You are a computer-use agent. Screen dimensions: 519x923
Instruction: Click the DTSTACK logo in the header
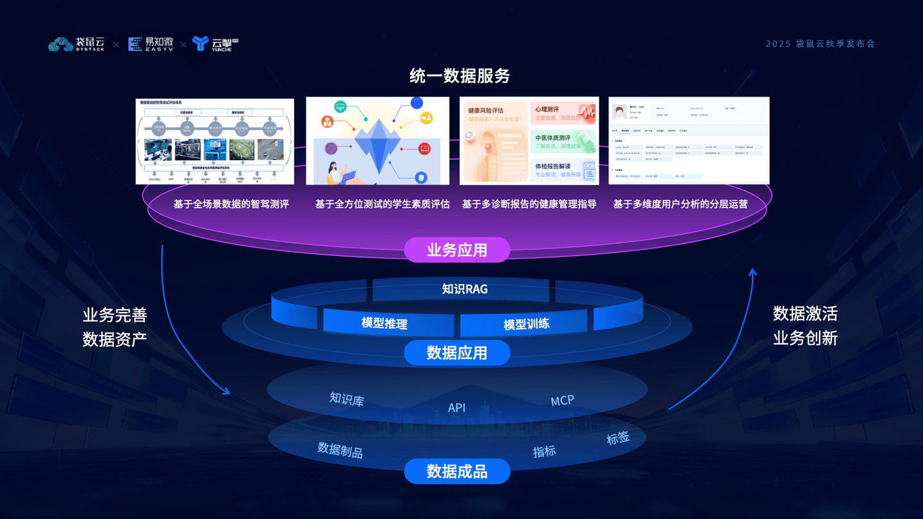[x=76, y=44]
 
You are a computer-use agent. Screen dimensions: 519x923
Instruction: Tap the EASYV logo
[x=151, y=44]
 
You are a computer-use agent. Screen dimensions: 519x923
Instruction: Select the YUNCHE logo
[x=215, y=44]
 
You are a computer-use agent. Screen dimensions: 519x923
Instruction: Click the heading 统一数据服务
[x=460, y=76]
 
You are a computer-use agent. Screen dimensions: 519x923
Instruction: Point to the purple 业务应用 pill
[x=457, y=250]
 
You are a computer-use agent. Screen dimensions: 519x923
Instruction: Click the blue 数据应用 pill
[x=457, y=352]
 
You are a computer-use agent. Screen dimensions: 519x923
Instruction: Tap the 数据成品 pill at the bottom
[x=457, y=472]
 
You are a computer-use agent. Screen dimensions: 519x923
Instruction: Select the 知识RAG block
[x=465, y=289]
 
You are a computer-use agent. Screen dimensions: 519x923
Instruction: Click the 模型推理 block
[x=385, y=323]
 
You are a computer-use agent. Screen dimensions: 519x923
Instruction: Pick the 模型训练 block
[x=526, y=324]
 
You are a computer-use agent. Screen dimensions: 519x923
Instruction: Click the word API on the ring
[x=456, y=408]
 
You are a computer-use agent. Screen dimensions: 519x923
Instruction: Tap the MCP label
[x=562, y=401]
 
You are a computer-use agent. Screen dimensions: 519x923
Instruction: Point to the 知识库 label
[x=347, y=400]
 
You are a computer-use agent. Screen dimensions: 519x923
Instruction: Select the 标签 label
[x=618, y=439]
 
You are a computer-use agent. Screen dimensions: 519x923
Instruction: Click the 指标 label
[x=544, y=451]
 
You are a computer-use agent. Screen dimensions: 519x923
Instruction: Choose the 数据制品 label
[x=340, y=450]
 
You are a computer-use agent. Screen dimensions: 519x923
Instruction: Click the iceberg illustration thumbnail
[x=378, y=141]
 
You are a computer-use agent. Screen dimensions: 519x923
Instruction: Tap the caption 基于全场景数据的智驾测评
[x=231, y=204]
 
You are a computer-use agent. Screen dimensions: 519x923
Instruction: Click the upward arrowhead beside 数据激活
[x=753, y=273]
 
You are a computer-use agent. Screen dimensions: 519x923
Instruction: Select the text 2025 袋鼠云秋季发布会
[x=820, y=44]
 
